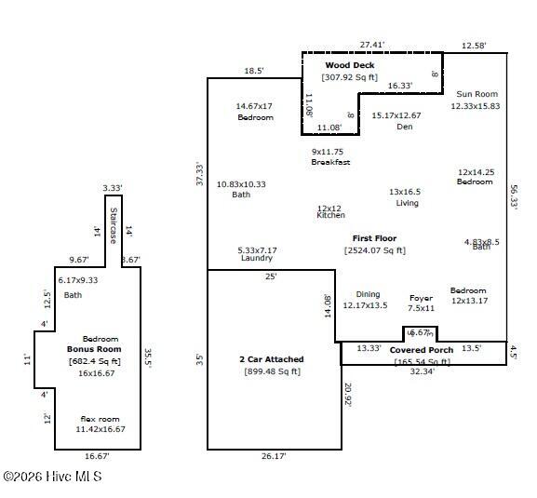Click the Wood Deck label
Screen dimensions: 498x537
point(349,65)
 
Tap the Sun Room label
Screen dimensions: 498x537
point(477,94)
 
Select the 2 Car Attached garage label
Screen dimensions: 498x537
point(271,359)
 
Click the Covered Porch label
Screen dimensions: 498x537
point(422,350)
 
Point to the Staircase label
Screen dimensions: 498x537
point(114,225)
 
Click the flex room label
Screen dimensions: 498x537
point(101,419)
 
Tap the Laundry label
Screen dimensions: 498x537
point(256,258)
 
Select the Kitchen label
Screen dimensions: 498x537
point(330,215)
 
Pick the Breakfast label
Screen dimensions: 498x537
point(330,163)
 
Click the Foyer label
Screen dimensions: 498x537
point(422,298)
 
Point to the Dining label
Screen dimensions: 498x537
point(368,294)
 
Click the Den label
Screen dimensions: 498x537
point(404,127)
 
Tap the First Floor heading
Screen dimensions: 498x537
point(374,238)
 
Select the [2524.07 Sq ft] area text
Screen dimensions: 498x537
point(374,250)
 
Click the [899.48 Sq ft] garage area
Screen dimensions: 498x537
point(271,371)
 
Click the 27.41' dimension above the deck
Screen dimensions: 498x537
point(371,44)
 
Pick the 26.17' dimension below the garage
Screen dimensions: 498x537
point(272,456)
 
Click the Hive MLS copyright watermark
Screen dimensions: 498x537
point(52,476)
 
